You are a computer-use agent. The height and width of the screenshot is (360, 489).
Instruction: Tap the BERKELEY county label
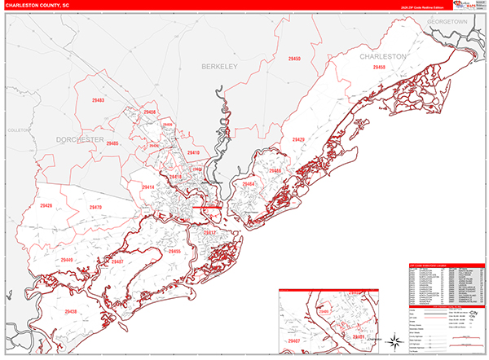(x=218, y=67)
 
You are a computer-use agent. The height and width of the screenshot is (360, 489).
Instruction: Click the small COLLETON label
(x=17, y=130)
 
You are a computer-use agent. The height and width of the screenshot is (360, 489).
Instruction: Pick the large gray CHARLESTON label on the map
(x=383, y=57)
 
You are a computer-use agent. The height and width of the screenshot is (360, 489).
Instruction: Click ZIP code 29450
(x=294, y=59)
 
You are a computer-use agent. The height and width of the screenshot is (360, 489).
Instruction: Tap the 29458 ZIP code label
(x=378, y=68)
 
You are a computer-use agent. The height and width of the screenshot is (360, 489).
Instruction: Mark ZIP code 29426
(x=46, y=206)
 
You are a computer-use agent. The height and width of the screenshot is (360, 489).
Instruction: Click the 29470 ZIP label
(x=95, y=208)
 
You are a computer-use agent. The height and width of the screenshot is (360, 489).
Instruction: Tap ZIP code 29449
(x=67, y=260)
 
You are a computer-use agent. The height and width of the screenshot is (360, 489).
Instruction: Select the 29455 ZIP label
(x=174, y=252)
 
